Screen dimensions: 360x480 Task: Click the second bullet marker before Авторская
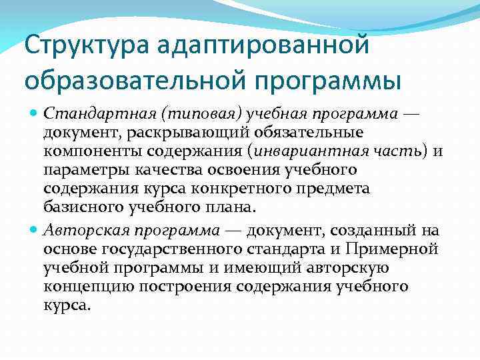point(35,231)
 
